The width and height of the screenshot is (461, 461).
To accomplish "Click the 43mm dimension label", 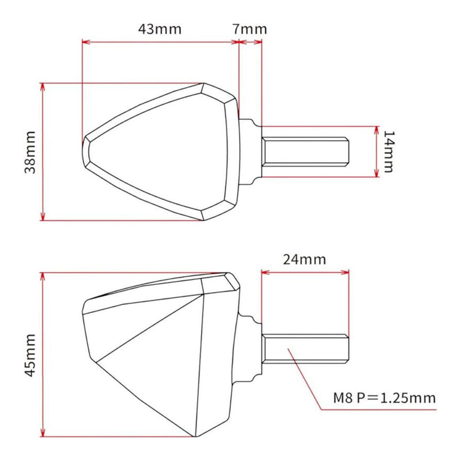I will [159, 29].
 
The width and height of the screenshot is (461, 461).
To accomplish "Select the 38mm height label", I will [31, 152].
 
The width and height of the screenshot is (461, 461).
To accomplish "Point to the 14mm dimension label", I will [390, 152].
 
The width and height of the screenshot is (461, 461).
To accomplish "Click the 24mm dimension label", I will [304, 259].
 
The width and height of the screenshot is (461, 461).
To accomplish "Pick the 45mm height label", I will [31, 354].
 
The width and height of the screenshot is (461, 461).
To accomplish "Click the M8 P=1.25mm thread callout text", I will [384, 398].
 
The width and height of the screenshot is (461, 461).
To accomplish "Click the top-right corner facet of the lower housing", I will [232, 281].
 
